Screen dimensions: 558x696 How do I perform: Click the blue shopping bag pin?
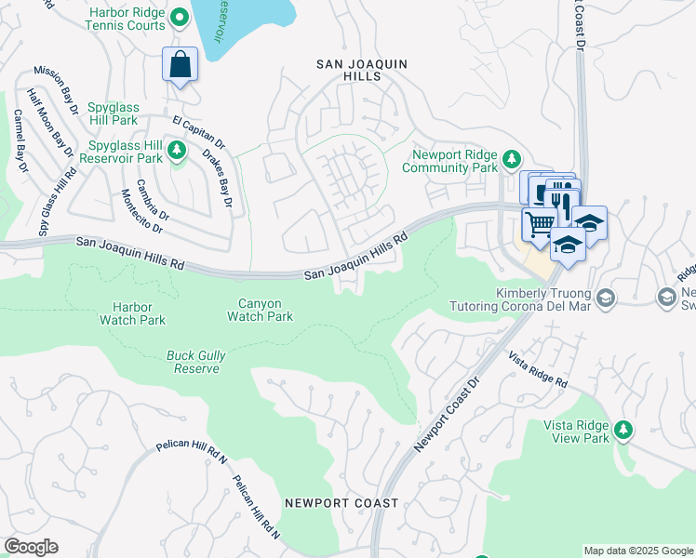(x=181, y=66)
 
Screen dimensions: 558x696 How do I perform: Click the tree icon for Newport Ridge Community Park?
(x=510, y=160)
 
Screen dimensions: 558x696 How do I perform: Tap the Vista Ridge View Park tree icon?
(x=622, y=429)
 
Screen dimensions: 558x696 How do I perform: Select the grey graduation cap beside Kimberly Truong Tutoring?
(x=606, y=298)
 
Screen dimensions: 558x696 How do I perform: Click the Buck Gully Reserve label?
(x=196, y=362)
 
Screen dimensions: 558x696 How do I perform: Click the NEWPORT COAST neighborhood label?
(x=341, y=503)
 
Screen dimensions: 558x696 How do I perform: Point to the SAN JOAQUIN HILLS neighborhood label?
(x=362, y=70)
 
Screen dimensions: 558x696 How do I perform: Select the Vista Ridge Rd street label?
(x=537, y=369)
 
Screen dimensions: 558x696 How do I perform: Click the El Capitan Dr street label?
(x=199, y=133)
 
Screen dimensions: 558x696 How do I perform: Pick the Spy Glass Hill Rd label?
(x=51, y=205)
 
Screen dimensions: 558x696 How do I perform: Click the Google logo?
(x=31, y=547)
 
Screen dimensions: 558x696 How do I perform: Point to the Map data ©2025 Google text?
(x=637, y=551)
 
